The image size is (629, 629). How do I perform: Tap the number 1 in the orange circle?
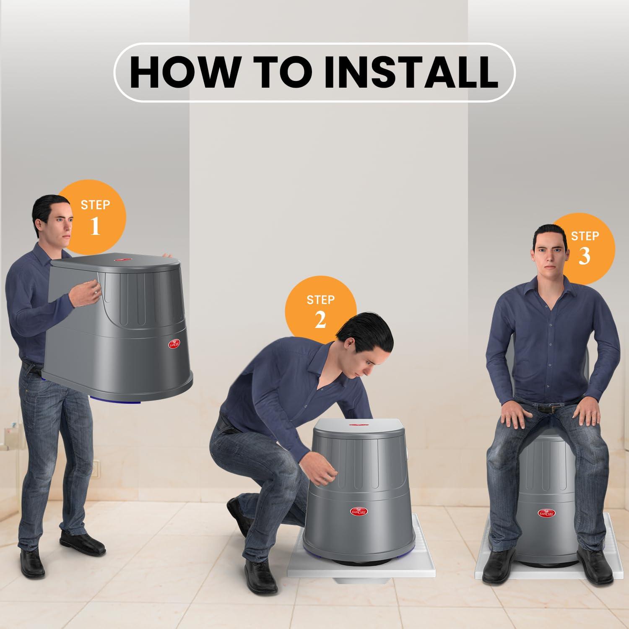pyautogui.click(x=95, y=226)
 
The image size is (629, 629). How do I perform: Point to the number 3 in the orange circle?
pyautogui.click(x=584, y=256)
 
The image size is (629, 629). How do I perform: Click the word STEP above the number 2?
pyautogui.click(x=320, y=300)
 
